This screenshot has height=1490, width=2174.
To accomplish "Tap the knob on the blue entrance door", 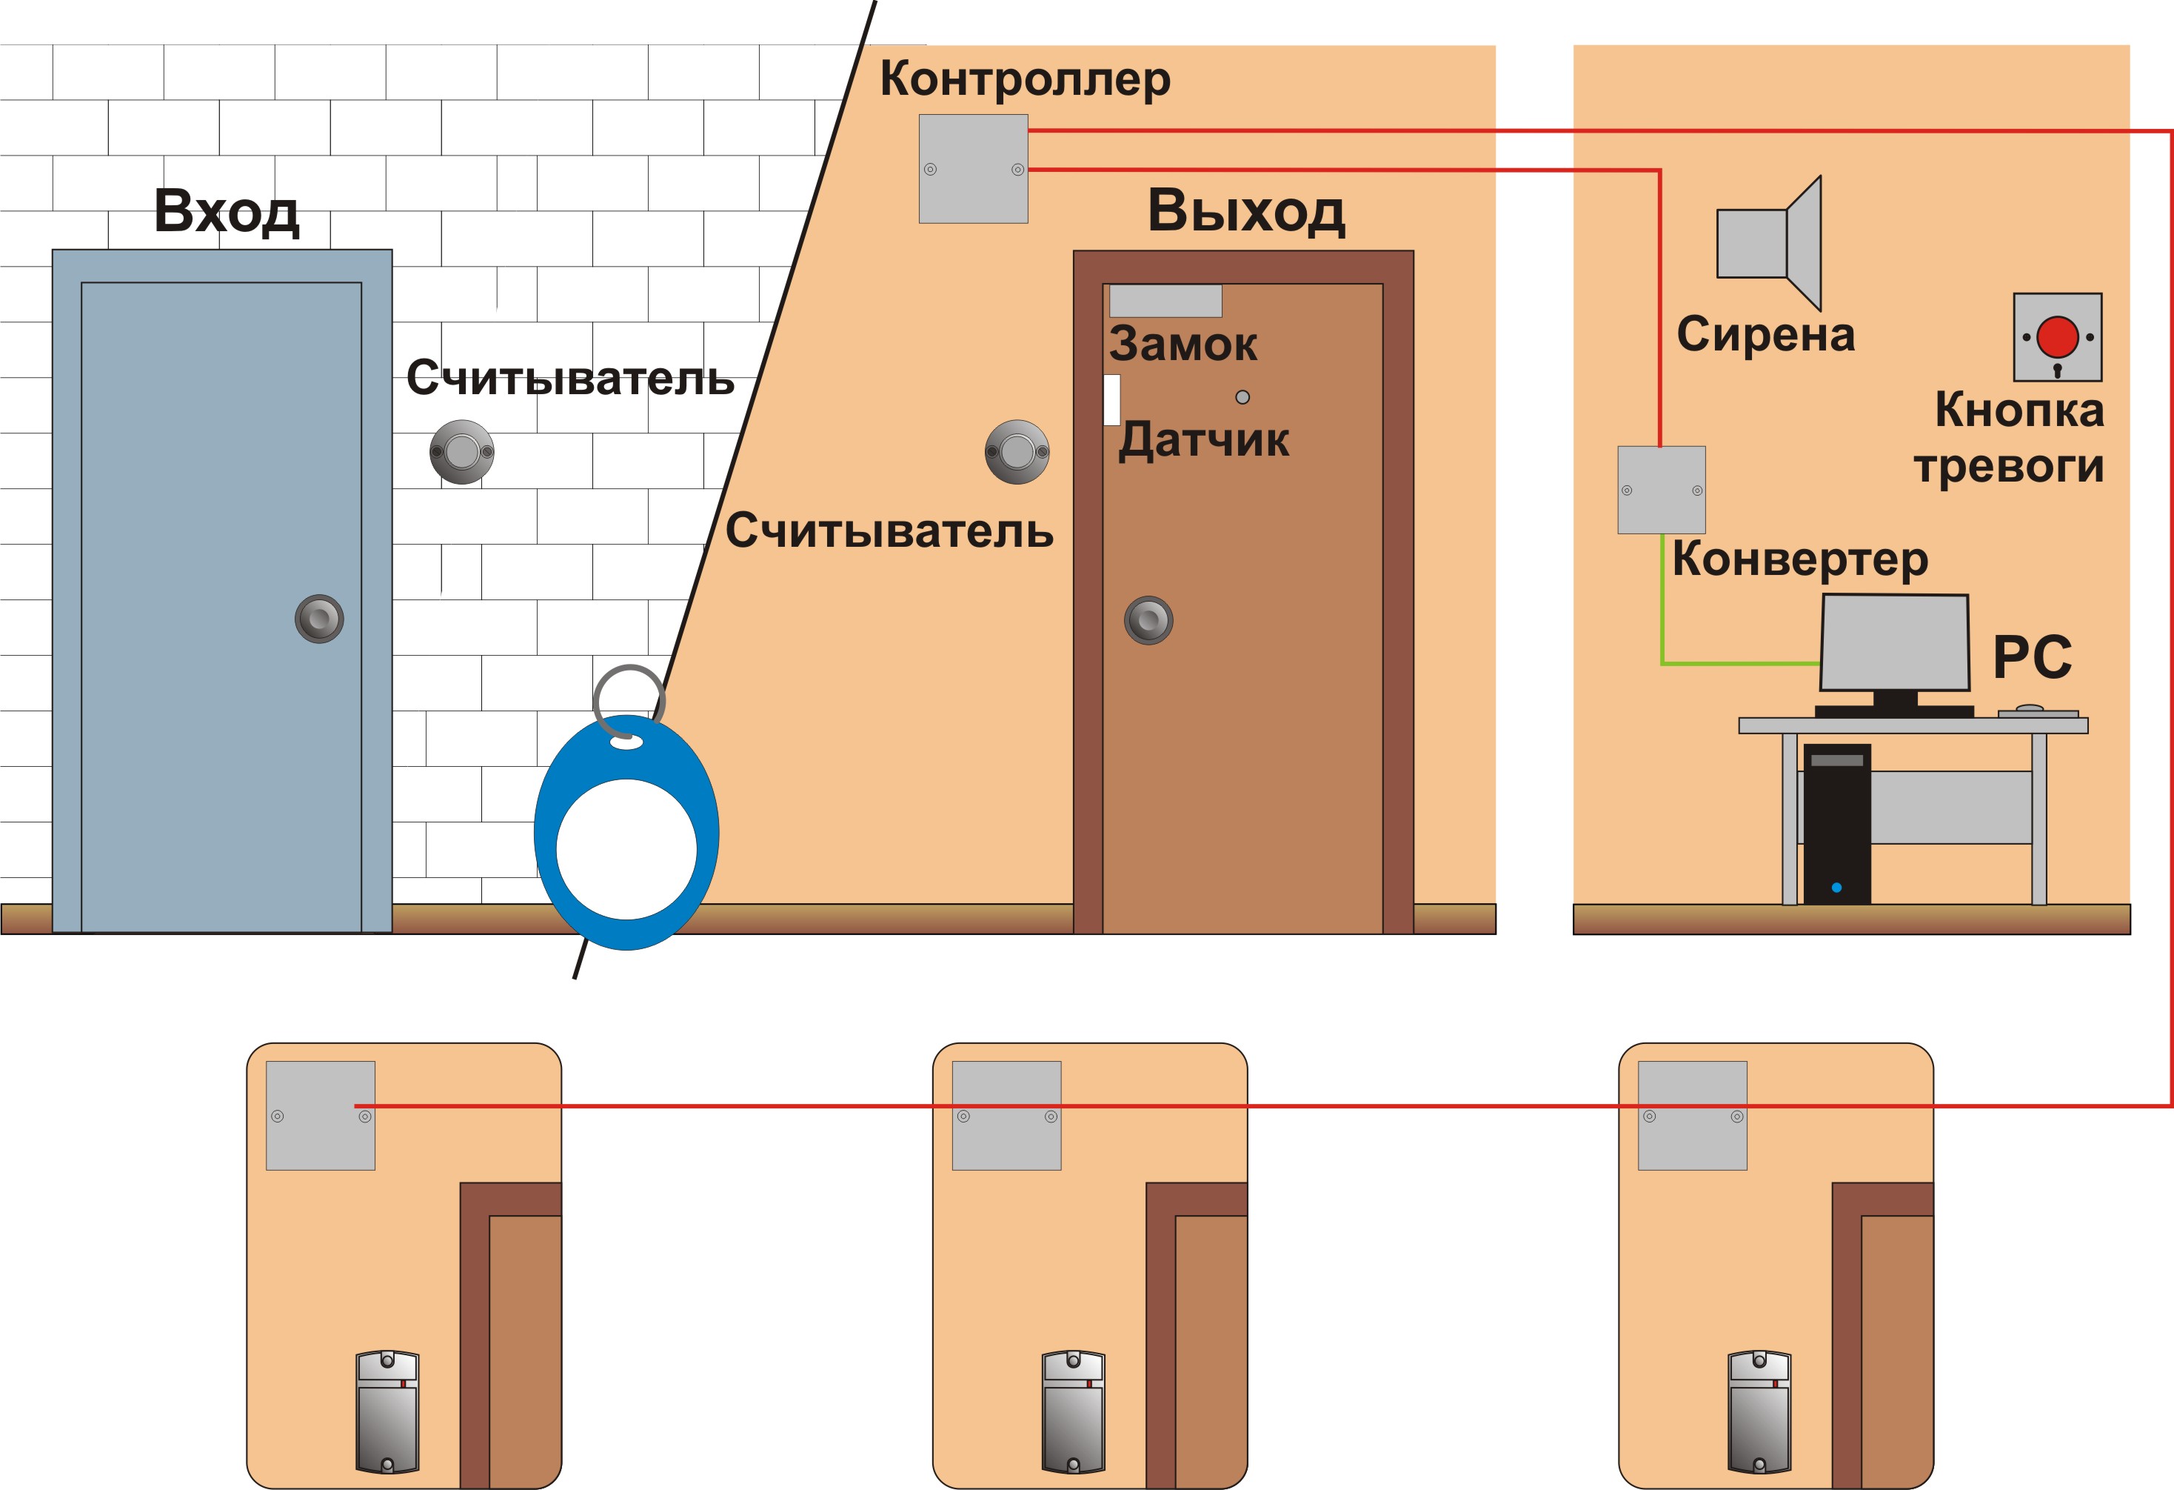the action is click(319, 619).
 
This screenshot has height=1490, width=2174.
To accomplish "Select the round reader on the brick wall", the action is click(462, 452).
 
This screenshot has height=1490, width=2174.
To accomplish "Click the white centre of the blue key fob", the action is click(626, 849).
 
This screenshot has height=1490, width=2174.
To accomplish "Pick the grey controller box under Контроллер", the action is click(974, 168).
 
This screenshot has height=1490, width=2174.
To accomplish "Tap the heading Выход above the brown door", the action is click(1246, 211).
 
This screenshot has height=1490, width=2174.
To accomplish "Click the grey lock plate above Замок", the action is click(1165, 300).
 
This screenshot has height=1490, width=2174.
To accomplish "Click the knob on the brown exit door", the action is click(1148, 619).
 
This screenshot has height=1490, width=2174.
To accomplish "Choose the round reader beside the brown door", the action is click(1017, 452).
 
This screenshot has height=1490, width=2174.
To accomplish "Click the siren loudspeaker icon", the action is click(1769, 243).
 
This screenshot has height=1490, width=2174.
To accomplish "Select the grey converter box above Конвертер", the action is click(1662, 490).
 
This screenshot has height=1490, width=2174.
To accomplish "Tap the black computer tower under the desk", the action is click(1836, 824).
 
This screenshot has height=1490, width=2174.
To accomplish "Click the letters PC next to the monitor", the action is click(2032, 657).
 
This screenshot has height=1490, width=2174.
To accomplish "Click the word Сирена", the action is click(1765, 334).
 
